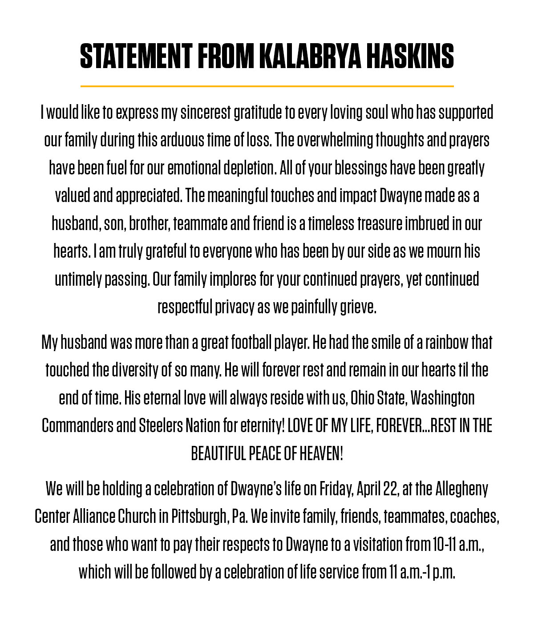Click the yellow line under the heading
pyautogui.click(x=267, y=86)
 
